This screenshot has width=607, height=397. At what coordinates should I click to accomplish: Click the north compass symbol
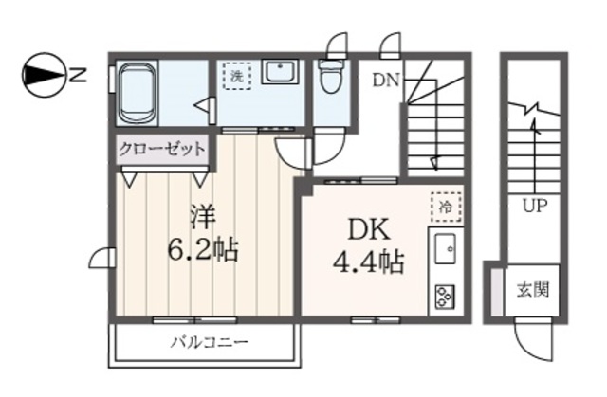44,75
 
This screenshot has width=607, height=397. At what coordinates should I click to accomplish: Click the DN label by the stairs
384,80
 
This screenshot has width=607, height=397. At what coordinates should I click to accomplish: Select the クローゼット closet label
162,149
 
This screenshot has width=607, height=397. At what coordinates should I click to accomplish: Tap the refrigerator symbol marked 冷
444,205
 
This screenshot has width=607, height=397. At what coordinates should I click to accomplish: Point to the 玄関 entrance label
532,289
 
